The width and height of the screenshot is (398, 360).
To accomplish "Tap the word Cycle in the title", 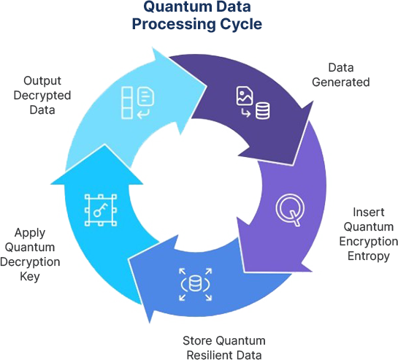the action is pyautogui.click(x=241, y=24).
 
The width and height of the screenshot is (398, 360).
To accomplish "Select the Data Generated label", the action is pyautogui.click(x=340, y=75).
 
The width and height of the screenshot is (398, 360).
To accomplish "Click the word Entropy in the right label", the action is pyautogui.click(x=369, y=256).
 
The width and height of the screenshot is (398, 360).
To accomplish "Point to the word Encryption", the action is pyautogui.click(x=369, y=241).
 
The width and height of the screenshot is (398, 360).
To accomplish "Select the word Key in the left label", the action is pyautogui.click(x=30, y=277).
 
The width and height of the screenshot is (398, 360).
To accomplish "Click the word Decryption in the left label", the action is pyautogui.click(x=30, y=261).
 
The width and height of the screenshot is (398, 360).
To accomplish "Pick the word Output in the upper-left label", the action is pyautogui.click(x=42, y=81).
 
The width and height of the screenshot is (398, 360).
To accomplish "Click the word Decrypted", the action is pyautogui.click(x=42, y=96).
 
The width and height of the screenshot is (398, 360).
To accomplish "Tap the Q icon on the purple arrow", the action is pyautogui.click(x=290, y=210).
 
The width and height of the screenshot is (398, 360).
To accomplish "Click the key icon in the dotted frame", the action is pyautogui.click(x=101, y=210).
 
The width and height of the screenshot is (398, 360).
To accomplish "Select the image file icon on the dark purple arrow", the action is pyautogui.click(x=245, y=96).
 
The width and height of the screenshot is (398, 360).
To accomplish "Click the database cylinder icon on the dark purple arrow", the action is pyautogui.click(x=262, y=110).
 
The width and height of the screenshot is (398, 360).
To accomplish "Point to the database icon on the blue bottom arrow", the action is pyautogui.click(x=195, y=284).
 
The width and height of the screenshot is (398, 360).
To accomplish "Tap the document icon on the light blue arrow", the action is pyautogui.click(x=145, y=96).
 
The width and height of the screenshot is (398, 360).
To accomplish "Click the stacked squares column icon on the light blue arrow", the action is pyautogui.click(x=126, y=103).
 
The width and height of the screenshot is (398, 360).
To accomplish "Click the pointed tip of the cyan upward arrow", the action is pyautogui.click(x=104, y=144).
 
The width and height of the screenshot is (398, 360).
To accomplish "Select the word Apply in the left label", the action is pyautogui.click(x=30, y=233).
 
